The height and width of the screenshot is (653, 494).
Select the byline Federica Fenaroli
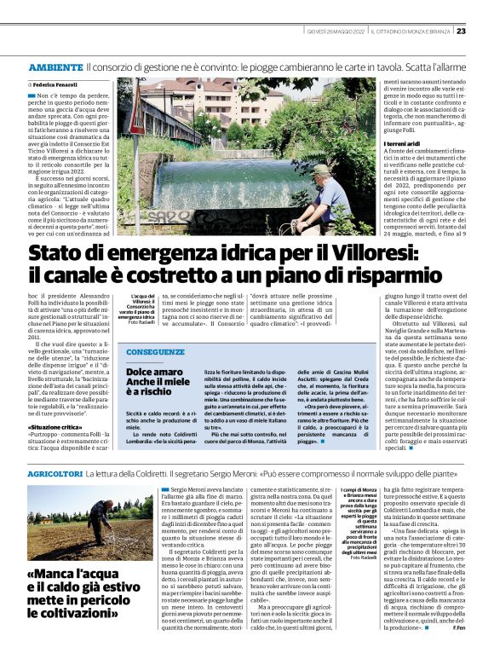tap(54, 86)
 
